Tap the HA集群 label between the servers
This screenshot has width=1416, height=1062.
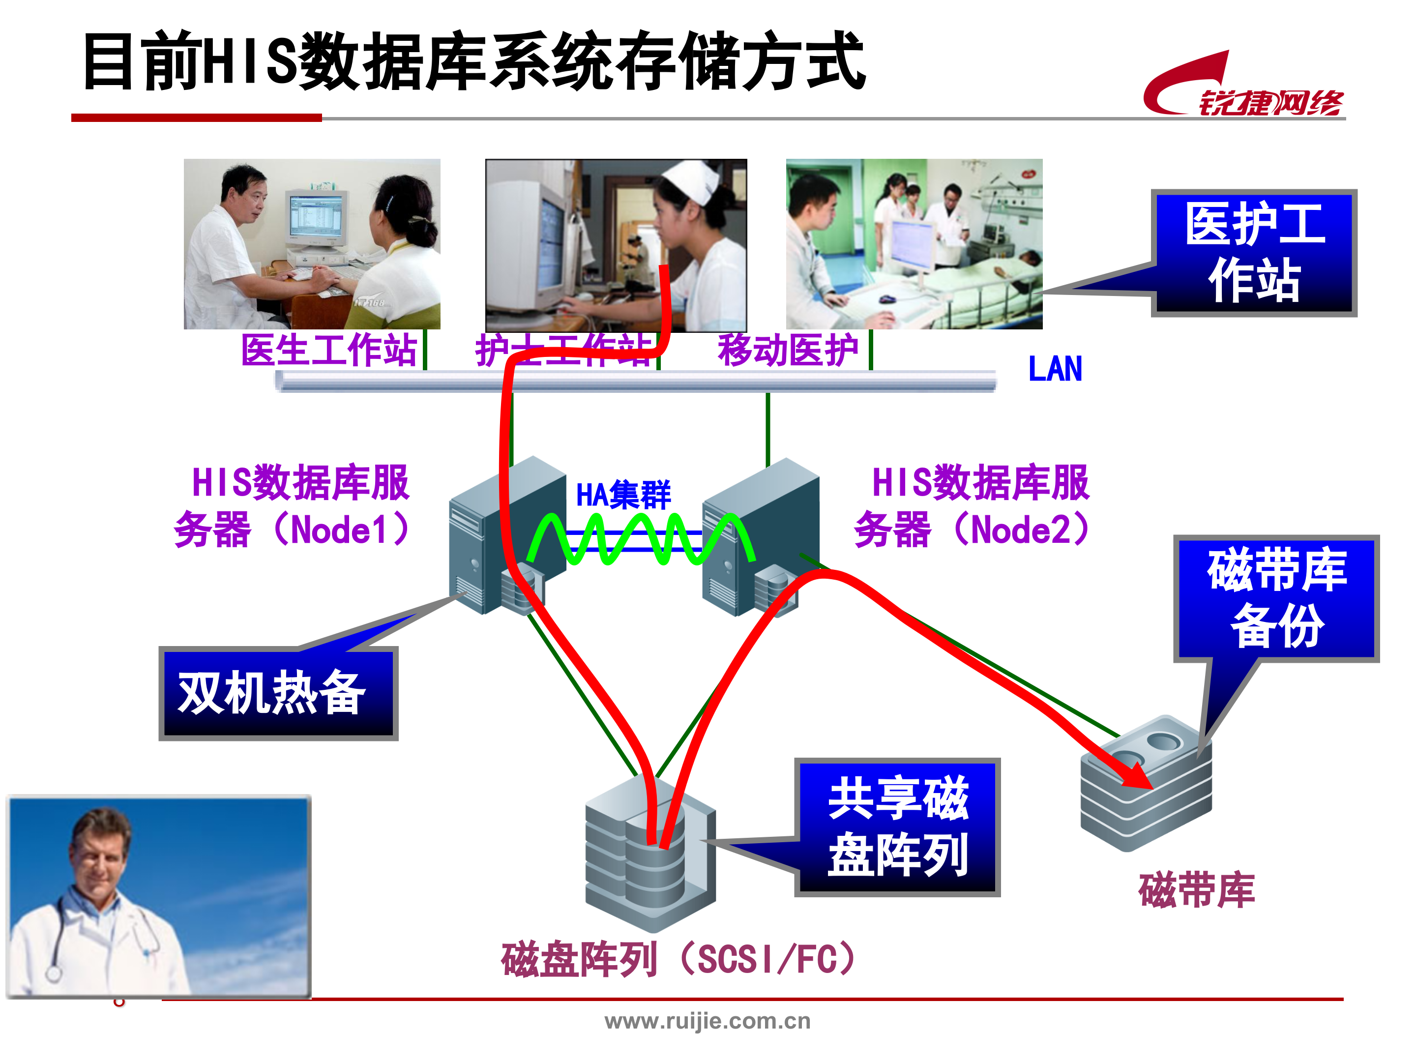623,495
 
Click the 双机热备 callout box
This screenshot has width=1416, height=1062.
278,693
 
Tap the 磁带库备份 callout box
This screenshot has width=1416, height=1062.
1276,598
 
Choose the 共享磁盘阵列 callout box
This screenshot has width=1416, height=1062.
897,827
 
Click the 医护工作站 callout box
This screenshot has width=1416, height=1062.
1255,253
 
